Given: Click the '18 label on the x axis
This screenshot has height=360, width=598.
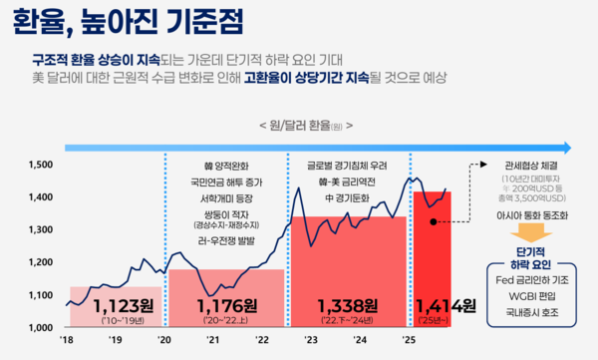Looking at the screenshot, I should click(x=67, y=340).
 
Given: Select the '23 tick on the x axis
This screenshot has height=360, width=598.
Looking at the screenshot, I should click(x=310, y=340).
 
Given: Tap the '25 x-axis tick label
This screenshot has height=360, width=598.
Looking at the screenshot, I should click(x=408, y=340).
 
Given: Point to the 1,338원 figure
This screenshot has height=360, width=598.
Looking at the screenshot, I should click(x=347, y=305).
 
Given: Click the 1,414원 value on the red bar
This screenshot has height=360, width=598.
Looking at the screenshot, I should click(x=446, y=305).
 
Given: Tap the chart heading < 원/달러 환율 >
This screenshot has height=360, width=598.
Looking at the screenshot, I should click(x=298, y=128).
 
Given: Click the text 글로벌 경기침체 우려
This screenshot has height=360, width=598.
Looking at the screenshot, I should click(x=347, y=165).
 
